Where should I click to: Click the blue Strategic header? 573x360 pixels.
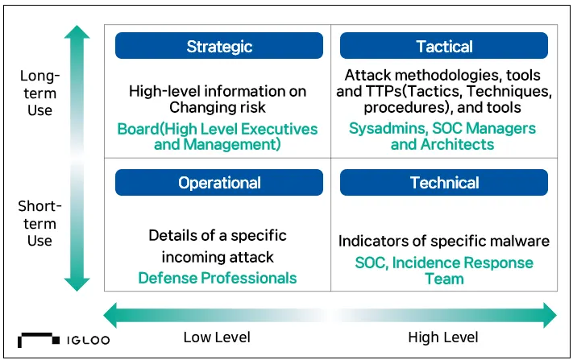[x=219, y=46]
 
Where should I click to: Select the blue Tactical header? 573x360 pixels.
[x=443, y=46]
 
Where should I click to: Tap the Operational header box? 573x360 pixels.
[x=219, y=183]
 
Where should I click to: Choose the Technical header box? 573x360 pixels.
[x=443, y=183]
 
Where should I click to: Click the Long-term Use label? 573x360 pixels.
[x=39, y=93]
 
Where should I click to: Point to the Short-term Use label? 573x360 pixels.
[x=39, y=223]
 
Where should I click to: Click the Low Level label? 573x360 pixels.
[x=217, y=337]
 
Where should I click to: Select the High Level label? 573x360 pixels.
[x=443, y=337]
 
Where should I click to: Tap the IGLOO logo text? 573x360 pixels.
[x=88, y=341]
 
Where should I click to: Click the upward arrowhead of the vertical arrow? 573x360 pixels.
[x=77, y=32]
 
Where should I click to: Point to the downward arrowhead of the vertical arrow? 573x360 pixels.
[x=77, y=284]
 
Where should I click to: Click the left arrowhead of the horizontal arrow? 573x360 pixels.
[x=110, y=315]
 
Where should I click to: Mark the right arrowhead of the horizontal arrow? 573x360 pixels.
[x=550, y=315]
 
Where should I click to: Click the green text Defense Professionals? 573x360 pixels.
[x=218, y=278]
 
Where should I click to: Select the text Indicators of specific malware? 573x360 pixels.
[x=443, y=242]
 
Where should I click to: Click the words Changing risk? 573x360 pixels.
[x=218, y=107]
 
